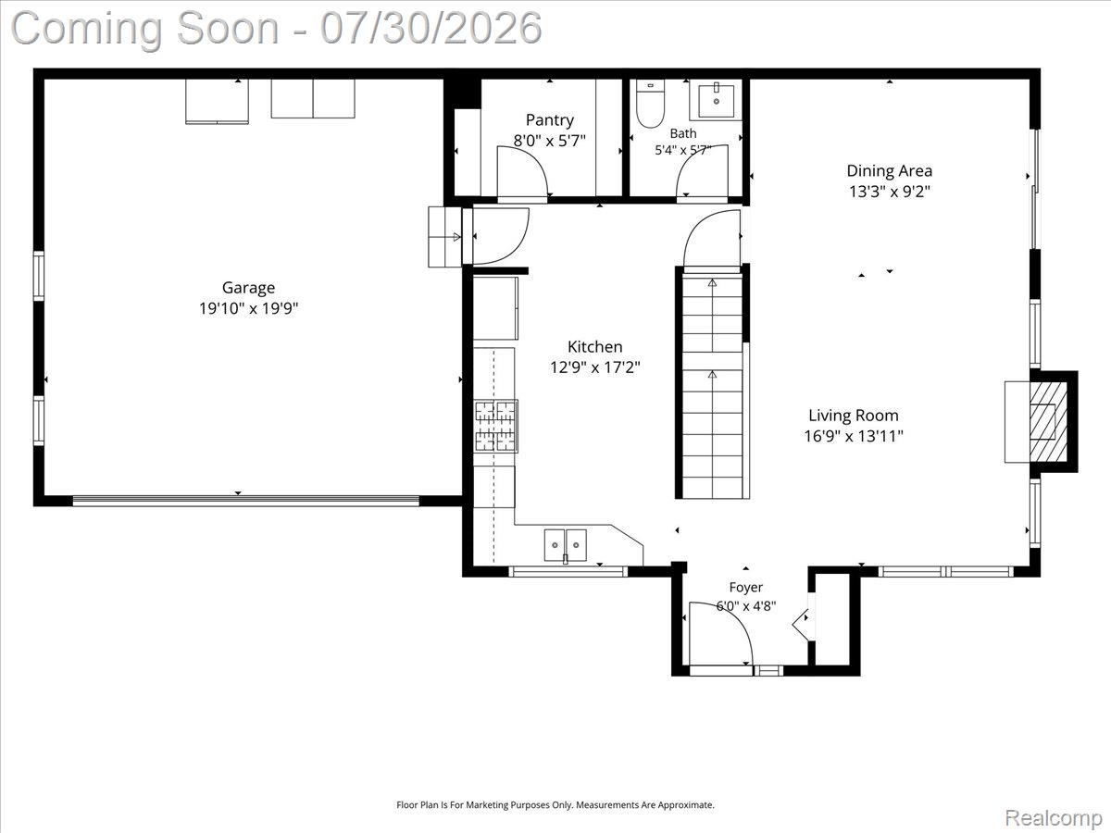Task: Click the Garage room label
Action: tap(248, 288)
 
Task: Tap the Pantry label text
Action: tap(550, 120)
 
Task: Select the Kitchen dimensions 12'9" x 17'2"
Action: tap(595, 367)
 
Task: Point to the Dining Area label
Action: tap(890, 171)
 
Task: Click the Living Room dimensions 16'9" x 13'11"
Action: tap(854, 436)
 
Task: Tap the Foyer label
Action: tap(745, 587)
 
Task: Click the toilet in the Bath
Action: tap(650, 103)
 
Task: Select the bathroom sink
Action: tap(716, 100)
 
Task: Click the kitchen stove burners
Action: tap(495, 426)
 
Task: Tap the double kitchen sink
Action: tap(566, 545)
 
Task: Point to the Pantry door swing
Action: tap(522, 172)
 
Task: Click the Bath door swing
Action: tap(702, 171)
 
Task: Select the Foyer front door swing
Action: tap(721, 634)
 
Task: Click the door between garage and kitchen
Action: tap(500, 236)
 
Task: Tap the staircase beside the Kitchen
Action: tap(712, 385)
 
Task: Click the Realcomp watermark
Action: tap(1054, 817)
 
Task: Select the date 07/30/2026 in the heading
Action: tap(431, 29)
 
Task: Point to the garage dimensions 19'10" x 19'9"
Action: tap(248, 308)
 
